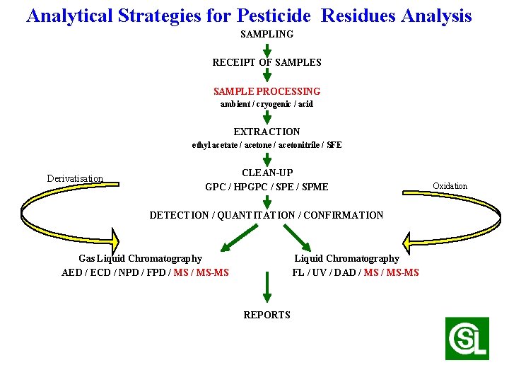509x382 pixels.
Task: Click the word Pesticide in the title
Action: (x=279, y=16)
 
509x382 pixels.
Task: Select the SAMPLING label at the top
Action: (x=267, y=34)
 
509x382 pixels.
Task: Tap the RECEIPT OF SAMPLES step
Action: (x=267, y=62)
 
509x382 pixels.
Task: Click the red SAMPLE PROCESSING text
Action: (x=267, y=91)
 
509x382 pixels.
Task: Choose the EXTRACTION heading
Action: (x=267, y=132)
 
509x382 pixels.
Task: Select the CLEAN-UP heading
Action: (x=267, y=173)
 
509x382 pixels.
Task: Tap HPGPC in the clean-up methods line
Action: (x=248, y=187)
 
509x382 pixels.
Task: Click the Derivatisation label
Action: (x=75, y=179)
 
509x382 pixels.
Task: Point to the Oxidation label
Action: (x=450, y=186)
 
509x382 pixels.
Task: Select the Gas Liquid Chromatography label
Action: (x=140, y=259)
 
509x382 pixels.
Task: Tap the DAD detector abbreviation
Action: (x=344, y=272)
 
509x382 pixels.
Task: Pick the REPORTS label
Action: (x=267, y=315)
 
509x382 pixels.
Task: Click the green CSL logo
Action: (x=467, y=338)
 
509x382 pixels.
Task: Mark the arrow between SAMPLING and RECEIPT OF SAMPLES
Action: (x=267, y=49)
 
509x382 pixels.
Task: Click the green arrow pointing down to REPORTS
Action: (x=267, y=289)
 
